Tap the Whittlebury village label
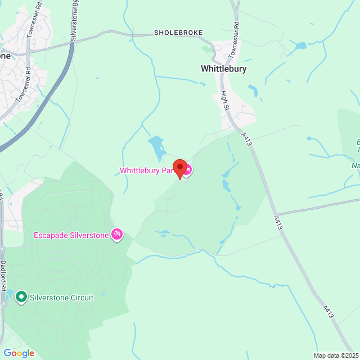pos(223,69)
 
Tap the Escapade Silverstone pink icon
pos(117,234)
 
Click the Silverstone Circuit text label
pos(61,297)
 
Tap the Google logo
pos(19,353)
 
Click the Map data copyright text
pos(335,355)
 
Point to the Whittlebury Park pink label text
pos(147,170)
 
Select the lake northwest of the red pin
pos(156,147)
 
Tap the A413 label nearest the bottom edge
pos(328,312)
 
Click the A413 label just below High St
pos(246,139)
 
